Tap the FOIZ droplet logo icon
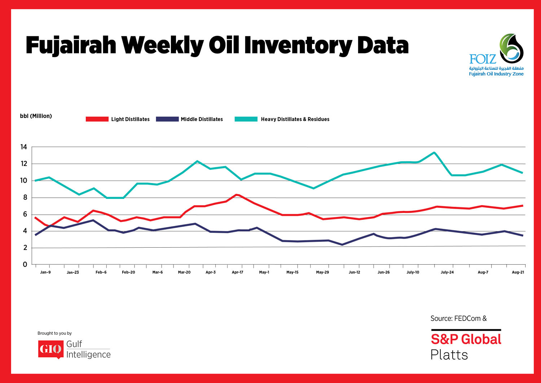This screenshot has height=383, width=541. click(511, 47)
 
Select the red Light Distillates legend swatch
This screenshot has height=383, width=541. click(97, 119)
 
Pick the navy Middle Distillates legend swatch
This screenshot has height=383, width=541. click(167, 119)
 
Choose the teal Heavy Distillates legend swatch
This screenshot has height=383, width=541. click(246, 119)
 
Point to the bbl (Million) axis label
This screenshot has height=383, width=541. click(36, 116)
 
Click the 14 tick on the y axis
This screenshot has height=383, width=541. click(24, 147)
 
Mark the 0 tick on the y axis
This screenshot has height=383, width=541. click(25, 264)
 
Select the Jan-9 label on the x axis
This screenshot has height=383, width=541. click(45, 272)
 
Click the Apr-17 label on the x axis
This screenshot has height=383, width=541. click(237, 272)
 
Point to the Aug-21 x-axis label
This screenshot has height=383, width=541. click(518, 272)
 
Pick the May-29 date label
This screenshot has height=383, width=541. click(322, 272)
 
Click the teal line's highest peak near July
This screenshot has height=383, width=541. click(434, 152)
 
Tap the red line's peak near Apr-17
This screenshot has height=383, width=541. click(236, 195)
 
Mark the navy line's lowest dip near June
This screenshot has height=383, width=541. click(342, 245)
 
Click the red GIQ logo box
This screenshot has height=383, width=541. click(50, 349)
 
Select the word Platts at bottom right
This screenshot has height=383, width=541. click(449, 355)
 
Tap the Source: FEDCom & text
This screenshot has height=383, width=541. click(458, 318)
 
